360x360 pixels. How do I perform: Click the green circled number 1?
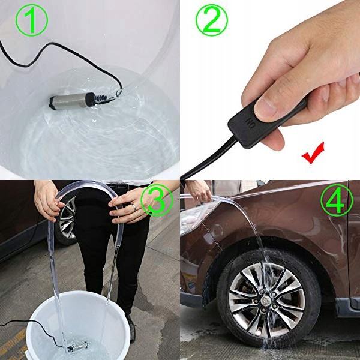pyautogui.click(x=32, y=20)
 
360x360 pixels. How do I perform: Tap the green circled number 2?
pyautogui.click(x=211, y=20)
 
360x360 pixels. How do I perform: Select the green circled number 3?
pyautogui.click(x=157, y=200)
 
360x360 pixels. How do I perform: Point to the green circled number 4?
pyautogui.click(x=337, y=200)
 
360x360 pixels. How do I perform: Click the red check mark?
pyautogui.click(x=313, y=152)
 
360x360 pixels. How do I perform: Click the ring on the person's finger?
pyautogui.click(x=134, y=208)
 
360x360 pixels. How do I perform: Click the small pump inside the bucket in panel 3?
pyautogui.click(x=77, y=346)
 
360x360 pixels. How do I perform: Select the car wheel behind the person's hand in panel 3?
pyautogui.click(x=67, y=218)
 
